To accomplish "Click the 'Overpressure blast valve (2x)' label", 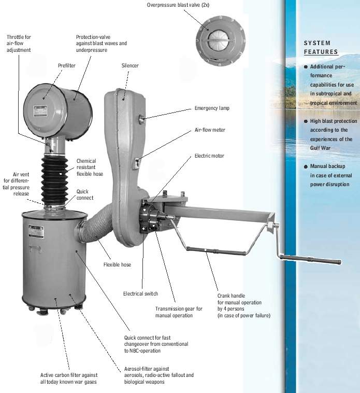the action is pos(178,5).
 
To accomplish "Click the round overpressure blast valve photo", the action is pos(220,41).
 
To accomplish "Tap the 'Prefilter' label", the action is pos(67,66).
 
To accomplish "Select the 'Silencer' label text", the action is pos(130,66).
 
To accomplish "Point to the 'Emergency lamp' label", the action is pos(212,108).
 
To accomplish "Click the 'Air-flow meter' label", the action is pos(210,130).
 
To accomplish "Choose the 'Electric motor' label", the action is pos(209,156).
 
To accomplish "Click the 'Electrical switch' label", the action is pos(140,293).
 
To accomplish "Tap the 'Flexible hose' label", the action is pos(117,264).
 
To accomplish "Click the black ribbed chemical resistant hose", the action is pos(54,180).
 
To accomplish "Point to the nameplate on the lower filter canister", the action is pos(36,231).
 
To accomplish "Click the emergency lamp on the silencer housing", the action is pos(141,119).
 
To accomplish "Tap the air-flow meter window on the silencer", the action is pos(137,163).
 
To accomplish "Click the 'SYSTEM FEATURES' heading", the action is pos(321,47).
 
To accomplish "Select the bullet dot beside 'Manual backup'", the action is pos(306,166).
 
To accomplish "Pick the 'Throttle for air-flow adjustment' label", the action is pos(19,44).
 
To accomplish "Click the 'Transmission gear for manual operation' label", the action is pos(179,312).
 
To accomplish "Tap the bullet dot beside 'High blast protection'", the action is pos(306,121).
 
